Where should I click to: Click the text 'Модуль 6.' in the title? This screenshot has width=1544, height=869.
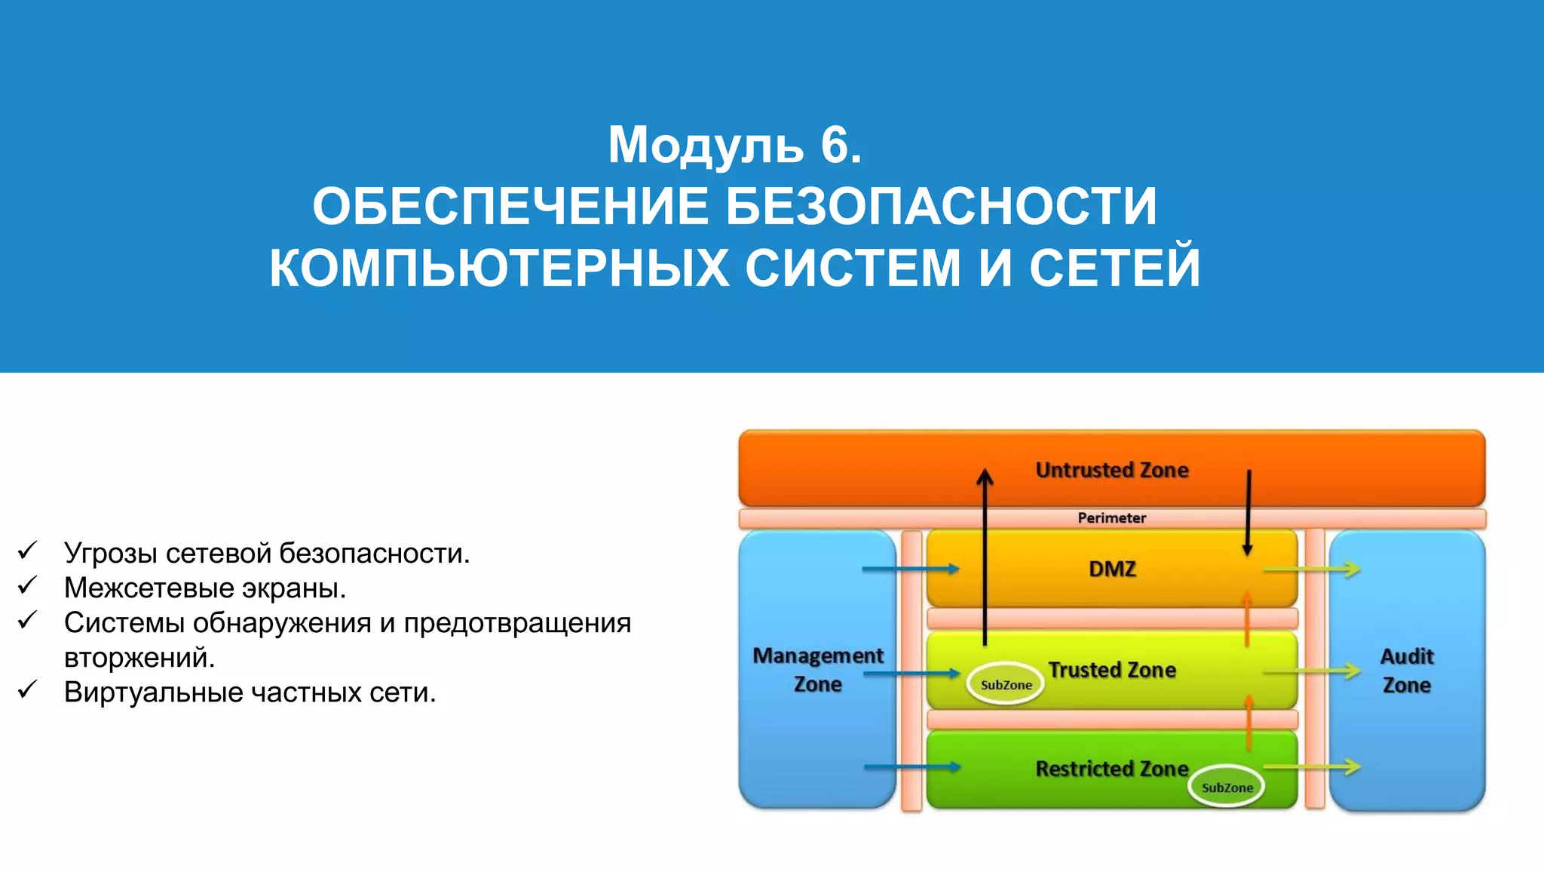pyautogui.click(x=734, y=144)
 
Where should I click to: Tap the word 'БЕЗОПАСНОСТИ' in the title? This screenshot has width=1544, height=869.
pyautogui.click(x=940, y=206)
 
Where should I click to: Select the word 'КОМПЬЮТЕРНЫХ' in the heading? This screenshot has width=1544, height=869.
pyautogui.click(x=498, y=268)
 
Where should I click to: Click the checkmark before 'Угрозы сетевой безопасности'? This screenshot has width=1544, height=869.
pyautogui.click(x=27, y=551)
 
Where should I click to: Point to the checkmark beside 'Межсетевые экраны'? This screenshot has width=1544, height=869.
pyautogui.click(x=27, y=585)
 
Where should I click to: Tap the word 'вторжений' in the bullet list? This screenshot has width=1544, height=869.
pyautogui.click(x=139, y=657)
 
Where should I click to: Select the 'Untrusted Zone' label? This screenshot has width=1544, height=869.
pyautogui.click(x=1111, y=470)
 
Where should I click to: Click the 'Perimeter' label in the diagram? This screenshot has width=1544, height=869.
pyautogui.click(x=1111, y=517)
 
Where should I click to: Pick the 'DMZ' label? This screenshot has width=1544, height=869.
pyautogui.click(x=1111, y=569)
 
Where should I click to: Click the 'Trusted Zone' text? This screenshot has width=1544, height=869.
pyautogui.click(x=1111, y=670)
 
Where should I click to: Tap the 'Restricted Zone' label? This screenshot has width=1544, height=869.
pyautogui.click(x=1111, y=769)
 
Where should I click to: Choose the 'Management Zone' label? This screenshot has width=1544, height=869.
pyautogui.click(x=817, y=670)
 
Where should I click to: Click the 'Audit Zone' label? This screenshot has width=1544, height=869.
pyautogui.click(x=1406, y=670)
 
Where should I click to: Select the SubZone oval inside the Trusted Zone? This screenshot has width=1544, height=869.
pyautogui.click(x=1006, y=684)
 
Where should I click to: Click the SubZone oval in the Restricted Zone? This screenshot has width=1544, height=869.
pyautogui.click(x=1227, y=787)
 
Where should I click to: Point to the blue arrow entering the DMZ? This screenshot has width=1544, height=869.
pyautogui.click(x=910, y=569)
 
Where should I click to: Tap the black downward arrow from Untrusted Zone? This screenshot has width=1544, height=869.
pyautogui.click(x=1248, y=513)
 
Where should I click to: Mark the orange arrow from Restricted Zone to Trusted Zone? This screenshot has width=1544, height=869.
pyautogui.click(x=1248, y=722)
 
